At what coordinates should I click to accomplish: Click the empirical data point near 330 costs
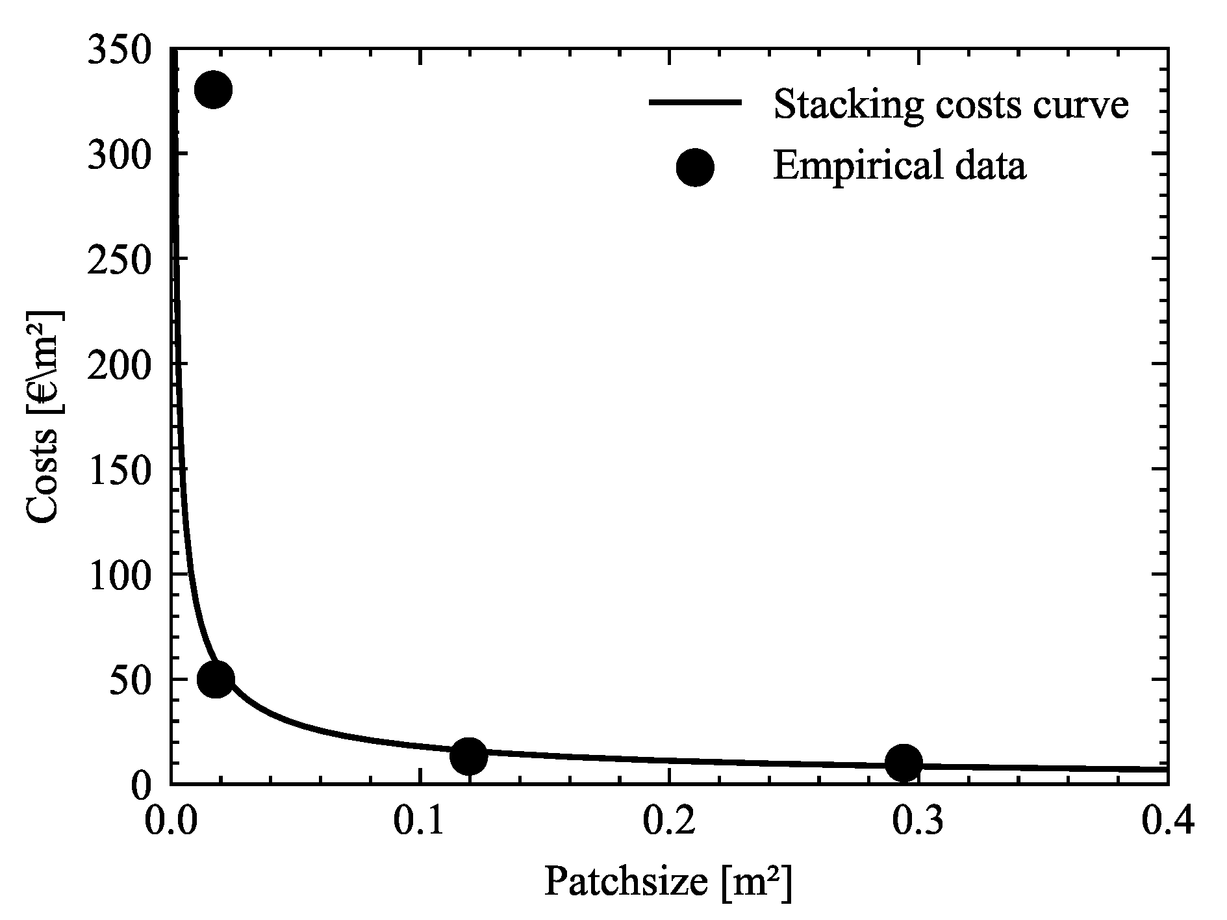click(x=213, y=90)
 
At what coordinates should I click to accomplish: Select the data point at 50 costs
click(x=216, y=679)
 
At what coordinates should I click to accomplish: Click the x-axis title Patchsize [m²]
click(x=668, y=883)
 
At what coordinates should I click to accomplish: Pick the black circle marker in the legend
click(x=695, y=167)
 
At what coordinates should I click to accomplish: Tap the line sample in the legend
click(x=695, y=102)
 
